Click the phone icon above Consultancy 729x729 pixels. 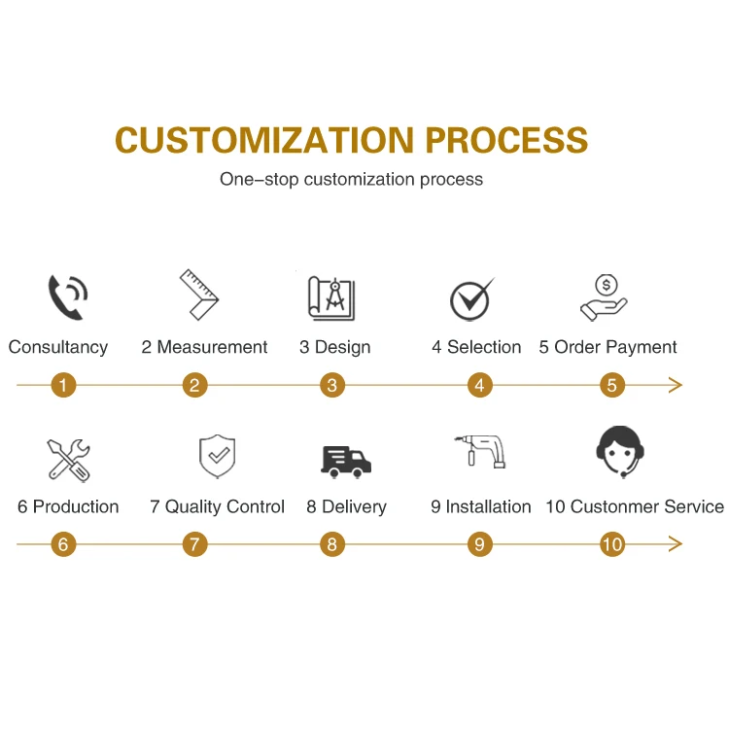[x=68, y=296]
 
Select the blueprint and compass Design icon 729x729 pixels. [x=331, y=296]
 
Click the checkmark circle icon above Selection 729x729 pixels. [x=471, y=299]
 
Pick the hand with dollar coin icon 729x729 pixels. [x=604, y=296]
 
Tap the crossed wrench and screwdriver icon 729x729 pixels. [x=68, y=460]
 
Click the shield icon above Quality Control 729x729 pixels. [x=217, y=457]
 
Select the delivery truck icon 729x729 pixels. [x=345, y=460]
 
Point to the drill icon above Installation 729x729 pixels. [x=480, y=453]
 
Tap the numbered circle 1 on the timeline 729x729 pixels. [x=63, y=385]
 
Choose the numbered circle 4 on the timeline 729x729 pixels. [x=479, y=385]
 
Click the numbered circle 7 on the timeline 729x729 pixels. [x=195, y=544]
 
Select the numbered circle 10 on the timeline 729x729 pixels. [x=611, y=544]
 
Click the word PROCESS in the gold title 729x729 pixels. [x=505, y=140]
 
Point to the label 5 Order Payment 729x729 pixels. [x=608, y=347]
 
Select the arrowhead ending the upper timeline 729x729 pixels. [x=677, y=385]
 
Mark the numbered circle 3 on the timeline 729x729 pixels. [x=331, y=385]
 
